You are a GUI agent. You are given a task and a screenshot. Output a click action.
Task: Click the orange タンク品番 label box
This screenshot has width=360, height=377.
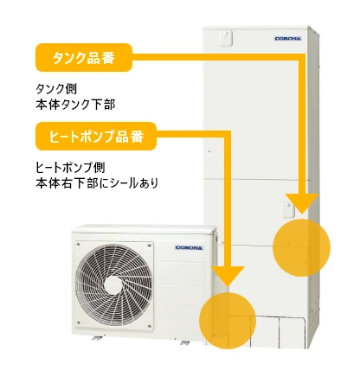pyautogui.click(x=84, y=57)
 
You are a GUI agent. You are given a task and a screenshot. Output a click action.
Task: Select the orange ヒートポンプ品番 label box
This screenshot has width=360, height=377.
pyautogui.click(x=96, y=136)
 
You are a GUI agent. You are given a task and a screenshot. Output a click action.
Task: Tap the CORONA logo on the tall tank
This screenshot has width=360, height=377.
pyautogui.click(x=287, y=39)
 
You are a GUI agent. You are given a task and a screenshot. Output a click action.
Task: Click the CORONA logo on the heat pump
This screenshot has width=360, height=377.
pyautogui.click(x=189, y=248)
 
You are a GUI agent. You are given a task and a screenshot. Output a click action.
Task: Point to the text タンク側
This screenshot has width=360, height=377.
pyautogui.click(x=56, y=89)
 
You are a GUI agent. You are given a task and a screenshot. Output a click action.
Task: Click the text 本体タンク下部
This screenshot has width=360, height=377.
pyautogui.click(x=75, y=105)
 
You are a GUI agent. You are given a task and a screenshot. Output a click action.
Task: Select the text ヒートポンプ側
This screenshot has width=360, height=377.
pyautogui.click(x=70, y=168)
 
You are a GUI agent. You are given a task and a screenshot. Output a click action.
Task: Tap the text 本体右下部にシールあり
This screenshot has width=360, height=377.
pyautogui.click(x=97, y=183)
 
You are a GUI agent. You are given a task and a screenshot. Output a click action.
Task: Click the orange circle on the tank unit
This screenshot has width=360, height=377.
pyautogui.click(x=301, y=247)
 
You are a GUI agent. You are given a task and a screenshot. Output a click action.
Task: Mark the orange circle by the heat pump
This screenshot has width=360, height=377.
pyautogui.click(x=228, y=321)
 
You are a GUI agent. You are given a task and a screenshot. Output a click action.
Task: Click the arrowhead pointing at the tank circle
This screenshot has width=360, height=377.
pyautogui.click(x=302, y=203)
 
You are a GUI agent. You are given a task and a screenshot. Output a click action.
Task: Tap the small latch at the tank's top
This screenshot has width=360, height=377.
pyautogui.click(x=225, y=38)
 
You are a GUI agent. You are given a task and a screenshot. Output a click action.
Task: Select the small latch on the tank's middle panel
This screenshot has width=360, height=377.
pyautogui.click(x=287, y=209)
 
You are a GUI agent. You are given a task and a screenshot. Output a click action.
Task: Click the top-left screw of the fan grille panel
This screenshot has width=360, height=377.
pyautogui.click(x=78, y=245)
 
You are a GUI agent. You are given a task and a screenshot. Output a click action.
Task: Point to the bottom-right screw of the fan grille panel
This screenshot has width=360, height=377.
pyautogui.click(x=150, y=327)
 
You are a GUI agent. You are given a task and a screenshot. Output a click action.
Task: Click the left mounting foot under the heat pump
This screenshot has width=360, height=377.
pyautogui.click(x=98, y=337)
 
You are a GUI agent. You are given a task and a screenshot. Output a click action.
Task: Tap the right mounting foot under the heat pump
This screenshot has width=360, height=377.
pyautogui.click(x=184, y=342)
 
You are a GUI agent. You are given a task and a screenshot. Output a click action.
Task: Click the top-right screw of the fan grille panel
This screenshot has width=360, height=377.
pyautogui.click(x=150, y=246)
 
